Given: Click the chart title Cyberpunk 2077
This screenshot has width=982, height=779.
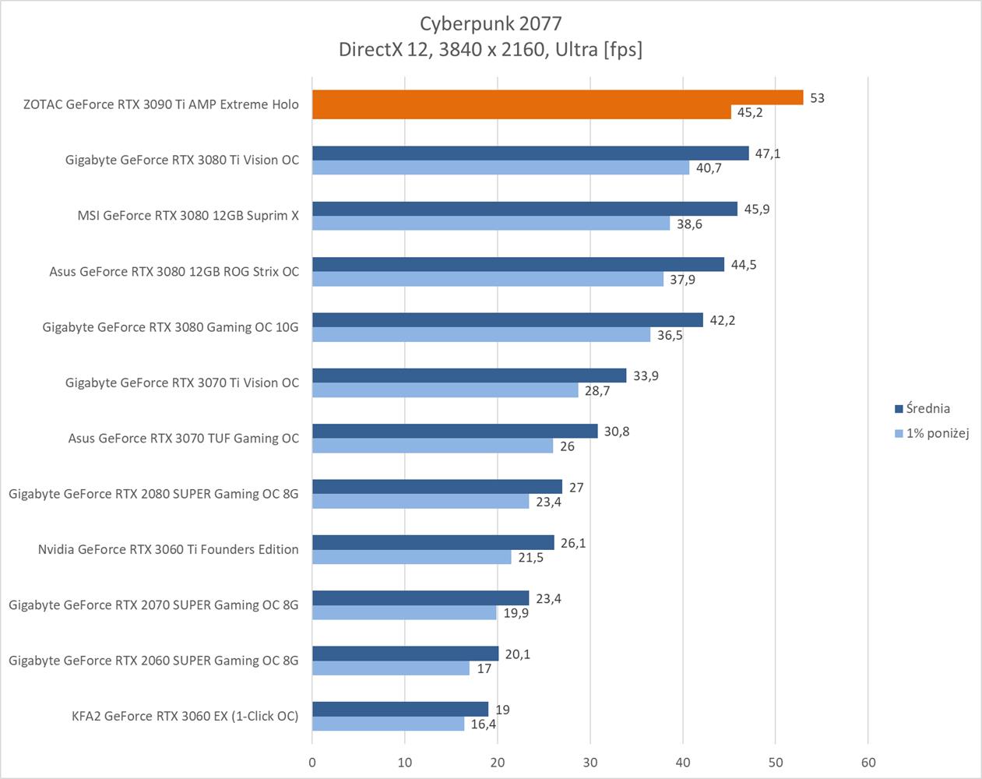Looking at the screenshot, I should click(x=490, y=23).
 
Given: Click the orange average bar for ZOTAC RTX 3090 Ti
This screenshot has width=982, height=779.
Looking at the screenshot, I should click(x=557, y=97).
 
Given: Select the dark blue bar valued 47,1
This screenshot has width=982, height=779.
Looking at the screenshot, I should click(x=530, y=153).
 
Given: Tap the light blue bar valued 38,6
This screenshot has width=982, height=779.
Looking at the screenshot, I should click(x=491, y=224).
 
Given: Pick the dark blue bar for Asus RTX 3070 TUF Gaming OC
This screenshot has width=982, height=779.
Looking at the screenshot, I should click(x=455, y=432).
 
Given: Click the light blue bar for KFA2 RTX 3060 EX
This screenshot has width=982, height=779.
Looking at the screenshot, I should click(x=388, y=724).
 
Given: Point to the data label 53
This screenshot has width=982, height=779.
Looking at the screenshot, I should click(x=817, y=98).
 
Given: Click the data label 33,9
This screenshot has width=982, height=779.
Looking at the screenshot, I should click(x=646, y=376).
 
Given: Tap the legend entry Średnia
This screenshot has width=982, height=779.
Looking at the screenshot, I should click(x=927, y=408).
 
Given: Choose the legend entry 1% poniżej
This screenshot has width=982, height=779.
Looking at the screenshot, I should click(x=937, y=433).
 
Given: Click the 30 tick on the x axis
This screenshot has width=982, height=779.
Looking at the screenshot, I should click(x=590, y=763).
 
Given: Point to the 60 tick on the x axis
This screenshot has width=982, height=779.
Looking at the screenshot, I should click(x=868, y=763).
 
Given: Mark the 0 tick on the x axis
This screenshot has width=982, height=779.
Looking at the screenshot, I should click(x=312, y=763).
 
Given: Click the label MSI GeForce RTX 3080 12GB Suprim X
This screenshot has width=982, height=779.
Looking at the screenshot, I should click(x=188, y=216).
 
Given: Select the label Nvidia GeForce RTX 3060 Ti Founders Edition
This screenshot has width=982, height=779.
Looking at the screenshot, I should click(x=168, y=549).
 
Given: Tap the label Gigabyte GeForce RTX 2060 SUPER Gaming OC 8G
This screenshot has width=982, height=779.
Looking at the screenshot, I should click(x=153, y=661).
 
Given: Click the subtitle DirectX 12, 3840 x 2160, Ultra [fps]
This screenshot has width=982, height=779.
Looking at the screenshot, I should click(x=490, y=50).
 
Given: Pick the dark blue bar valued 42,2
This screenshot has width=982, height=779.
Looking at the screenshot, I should click(x=507, y=320).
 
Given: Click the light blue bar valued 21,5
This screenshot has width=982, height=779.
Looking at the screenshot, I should click(x=411, y=557).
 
